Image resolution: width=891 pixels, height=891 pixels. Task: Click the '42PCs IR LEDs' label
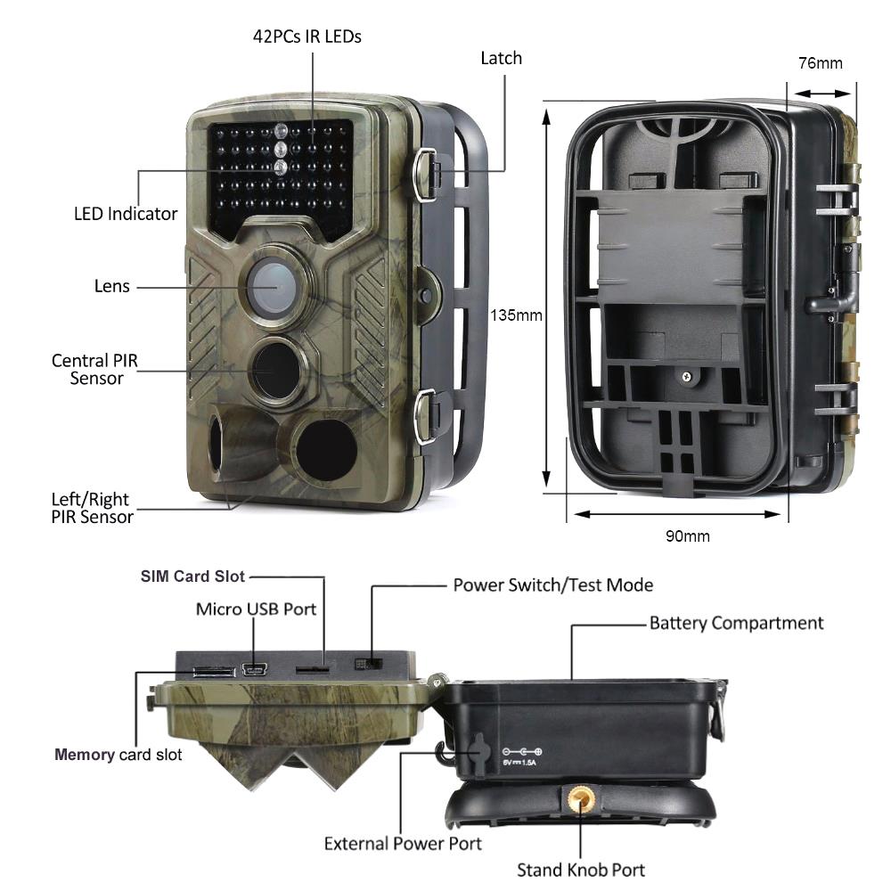[307, 37]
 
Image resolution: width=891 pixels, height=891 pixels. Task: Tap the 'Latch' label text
[501, 58]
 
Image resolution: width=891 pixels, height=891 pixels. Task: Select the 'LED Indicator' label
[126, 214]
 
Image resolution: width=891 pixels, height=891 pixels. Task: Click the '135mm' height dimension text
[516, 315]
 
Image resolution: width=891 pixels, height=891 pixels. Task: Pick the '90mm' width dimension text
[688, 535]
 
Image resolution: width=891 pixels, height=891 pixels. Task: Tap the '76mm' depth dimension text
[821, 63]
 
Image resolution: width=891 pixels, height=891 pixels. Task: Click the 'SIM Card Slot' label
[192, 576]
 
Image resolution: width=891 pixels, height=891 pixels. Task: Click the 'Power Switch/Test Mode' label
[553, 585]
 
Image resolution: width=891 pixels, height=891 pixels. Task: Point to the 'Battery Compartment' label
[737, 624]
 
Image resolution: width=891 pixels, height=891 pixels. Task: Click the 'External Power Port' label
[403, 844]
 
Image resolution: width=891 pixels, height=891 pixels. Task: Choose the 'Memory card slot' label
[119, 755]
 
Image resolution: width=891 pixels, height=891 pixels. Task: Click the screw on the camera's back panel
[687, 376]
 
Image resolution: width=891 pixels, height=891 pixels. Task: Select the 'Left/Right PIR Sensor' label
[92, 508]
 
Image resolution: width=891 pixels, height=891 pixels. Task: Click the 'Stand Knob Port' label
[581, 870]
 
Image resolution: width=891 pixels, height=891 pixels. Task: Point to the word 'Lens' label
[112, 286]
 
